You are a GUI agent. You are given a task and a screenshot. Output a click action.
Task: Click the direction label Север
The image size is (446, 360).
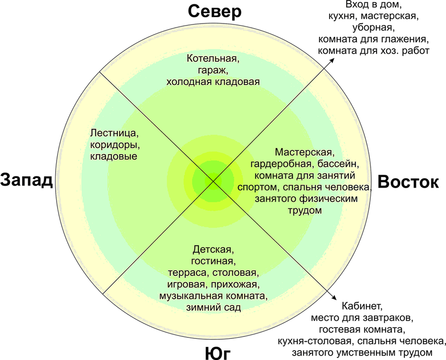tap(215, 12)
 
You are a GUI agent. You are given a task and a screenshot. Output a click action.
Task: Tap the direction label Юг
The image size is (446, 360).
tap(218, 353)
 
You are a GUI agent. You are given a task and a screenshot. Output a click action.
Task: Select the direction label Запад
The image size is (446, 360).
tap(26, 180)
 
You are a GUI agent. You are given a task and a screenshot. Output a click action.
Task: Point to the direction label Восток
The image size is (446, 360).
tap(408, 181)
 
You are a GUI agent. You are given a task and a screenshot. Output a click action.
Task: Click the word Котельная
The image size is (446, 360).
tap(213, 59)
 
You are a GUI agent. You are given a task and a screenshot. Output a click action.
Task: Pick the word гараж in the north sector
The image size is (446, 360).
tap(211, 71)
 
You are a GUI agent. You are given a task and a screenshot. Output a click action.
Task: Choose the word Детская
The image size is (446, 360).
tap(213, 250)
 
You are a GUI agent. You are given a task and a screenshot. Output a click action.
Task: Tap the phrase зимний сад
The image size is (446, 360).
tap(213, 307)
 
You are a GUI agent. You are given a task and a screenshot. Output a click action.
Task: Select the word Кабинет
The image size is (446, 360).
tap(362, 306)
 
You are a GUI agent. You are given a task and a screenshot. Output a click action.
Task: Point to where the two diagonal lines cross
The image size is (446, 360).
tap(213, 180)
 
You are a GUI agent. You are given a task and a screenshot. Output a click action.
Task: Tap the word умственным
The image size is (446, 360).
tap(369, 352)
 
